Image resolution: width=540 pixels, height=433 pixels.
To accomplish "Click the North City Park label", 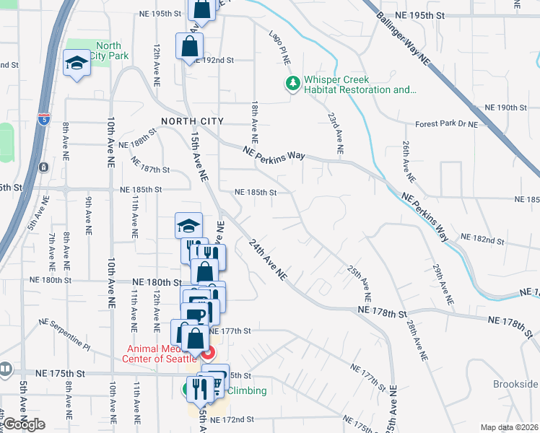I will [112, 51].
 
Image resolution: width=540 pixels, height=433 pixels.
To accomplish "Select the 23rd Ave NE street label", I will [334, 133].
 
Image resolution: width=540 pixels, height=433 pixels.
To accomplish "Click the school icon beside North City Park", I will [77, 64].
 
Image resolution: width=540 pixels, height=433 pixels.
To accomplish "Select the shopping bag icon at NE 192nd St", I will [188, 46].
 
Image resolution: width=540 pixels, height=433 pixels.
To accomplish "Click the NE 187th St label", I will [150, 170].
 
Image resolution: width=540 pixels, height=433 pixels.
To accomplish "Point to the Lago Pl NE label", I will [278, 48].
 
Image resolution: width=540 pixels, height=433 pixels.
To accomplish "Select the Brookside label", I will [516, 384].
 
